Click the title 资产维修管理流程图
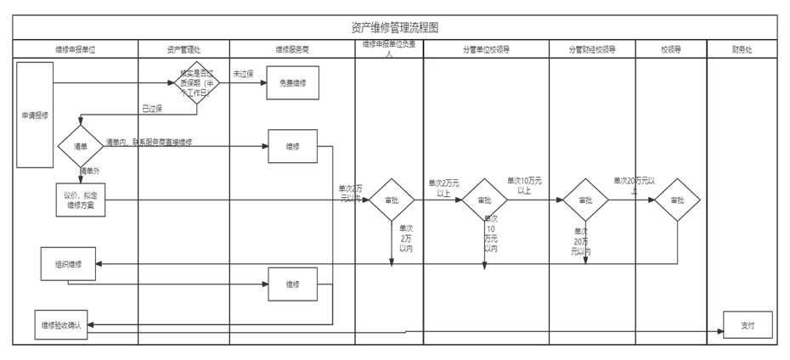(x=394, y=28)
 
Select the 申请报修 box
(x=35, y=114)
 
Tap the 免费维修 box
(x=293, y=83)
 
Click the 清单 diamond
(x=81, y=146)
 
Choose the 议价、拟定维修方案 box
(x=81, y=200)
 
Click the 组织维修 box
(x=69, y=263)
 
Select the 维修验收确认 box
(x=60, y=325)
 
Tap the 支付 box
(x=748, y=324)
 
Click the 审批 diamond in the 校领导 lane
(x=677, y=200)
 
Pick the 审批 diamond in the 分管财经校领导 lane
(x=585, y=200)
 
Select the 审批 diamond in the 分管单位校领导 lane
(x=484, y=200)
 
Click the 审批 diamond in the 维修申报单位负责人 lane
(x=391, y=200)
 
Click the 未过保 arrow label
(x=244, y=74)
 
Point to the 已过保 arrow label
(x=152, y=109)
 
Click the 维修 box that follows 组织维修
(x=292, y=284)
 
